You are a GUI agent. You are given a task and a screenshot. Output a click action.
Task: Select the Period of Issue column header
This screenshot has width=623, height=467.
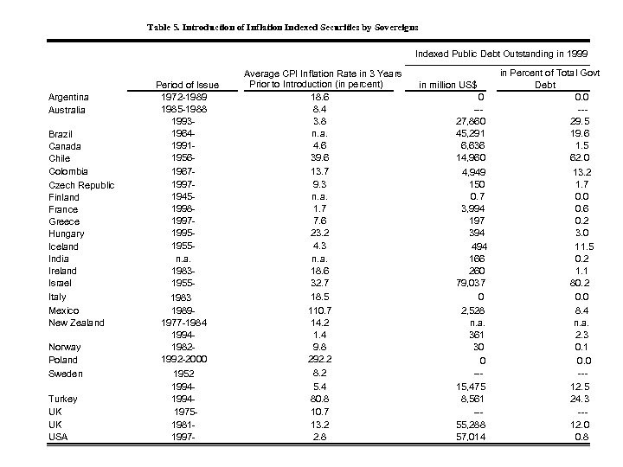point(186,85)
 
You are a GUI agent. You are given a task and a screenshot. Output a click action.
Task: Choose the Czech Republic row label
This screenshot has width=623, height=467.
point(81,185)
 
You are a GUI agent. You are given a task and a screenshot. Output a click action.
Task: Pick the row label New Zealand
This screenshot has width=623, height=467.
point(76,323)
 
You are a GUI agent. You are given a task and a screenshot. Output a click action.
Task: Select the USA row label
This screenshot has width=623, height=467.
point(59,436)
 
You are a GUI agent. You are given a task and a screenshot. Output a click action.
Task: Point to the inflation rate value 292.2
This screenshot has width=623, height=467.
point(318,359)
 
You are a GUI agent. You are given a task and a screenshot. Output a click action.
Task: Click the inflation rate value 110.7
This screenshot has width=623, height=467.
point(318,310)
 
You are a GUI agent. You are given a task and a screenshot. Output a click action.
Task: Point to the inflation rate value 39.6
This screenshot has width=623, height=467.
point(318,157)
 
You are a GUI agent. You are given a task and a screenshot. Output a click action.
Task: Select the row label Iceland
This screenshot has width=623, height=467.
point(63,246)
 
